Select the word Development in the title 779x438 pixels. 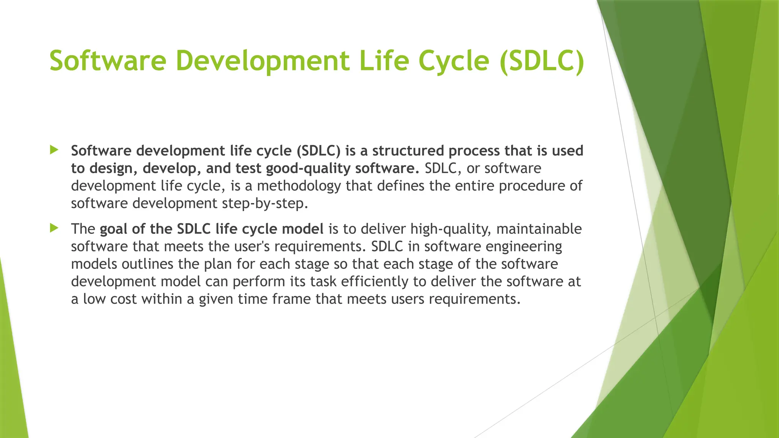pos(262,61)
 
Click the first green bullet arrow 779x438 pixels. pos(54,150)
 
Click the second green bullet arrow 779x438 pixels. pos(54,228)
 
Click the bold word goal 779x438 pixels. pos(113,229)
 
